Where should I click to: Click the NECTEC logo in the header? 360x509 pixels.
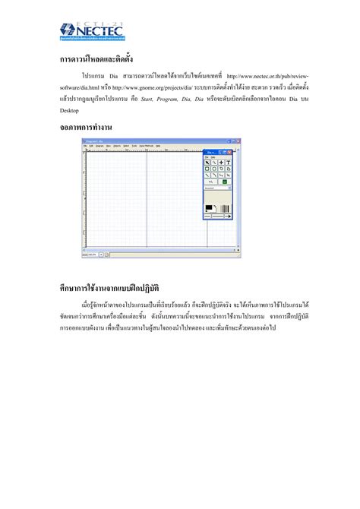pyautogui.click(x=92, y=31)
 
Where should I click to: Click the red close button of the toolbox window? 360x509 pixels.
pyautogui.click(x=230, y=152)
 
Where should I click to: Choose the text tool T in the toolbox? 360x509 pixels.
pyautogui.click(x=228, y=163)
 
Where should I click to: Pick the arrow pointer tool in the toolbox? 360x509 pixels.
pyautogui.click(x=207, y=163)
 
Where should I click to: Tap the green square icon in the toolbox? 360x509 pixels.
pyautogui.click(x=225, y=182)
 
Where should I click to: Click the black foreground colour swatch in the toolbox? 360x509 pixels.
pyautogui.click(x=209, y=207)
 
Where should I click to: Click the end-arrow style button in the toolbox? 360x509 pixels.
pyautogui.click(x=227, y=217)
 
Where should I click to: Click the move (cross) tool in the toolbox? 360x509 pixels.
pyautogui.click(x=221, y=163)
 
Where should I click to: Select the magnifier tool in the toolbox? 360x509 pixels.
pyautogui.click(x=214, y=163)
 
